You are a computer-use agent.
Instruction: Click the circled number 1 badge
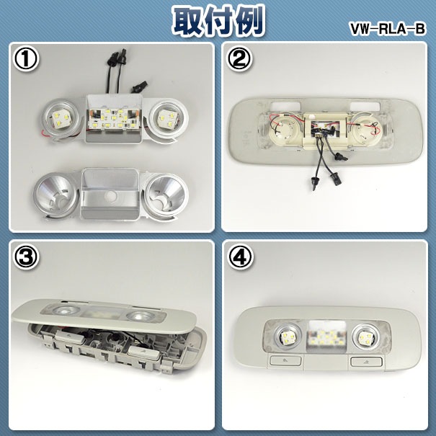pos(26,58)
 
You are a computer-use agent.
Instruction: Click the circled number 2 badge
pos(240,58)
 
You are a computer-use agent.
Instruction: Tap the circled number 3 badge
pos(26,257)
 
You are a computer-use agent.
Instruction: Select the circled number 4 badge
pos(240,257)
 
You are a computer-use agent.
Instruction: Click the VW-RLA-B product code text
pos(388,29)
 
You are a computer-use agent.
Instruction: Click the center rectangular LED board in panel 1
pos(113,118)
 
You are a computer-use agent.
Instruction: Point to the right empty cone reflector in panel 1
pos(166,194)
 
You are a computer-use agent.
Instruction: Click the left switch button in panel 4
pos(285,360)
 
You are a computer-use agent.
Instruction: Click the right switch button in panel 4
pos(366,362)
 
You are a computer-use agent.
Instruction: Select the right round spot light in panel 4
pos(365,337)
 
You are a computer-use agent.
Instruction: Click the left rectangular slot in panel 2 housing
pos(285,105)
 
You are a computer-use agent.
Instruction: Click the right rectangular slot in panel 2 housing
pos(365,106)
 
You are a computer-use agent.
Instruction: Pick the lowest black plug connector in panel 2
pos(313,184)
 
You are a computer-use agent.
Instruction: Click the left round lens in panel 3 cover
pos(63,311)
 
